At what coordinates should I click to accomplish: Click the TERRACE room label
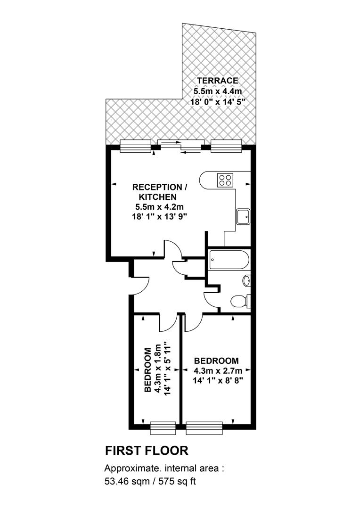218,81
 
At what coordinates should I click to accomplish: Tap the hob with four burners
225,180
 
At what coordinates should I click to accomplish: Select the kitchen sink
243,216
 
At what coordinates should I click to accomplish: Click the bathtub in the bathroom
229,260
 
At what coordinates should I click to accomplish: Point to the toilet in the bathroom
241,301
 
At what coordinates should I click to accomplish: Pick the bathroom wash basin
247,280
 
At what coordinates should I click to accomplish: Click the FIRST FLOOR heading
147,451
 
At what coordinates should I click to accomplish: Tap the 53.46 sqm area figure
127,481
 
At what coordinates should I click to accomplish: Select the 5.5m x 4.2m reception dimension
160,207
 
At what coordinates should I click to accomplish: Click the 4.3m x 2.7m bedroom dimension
218,370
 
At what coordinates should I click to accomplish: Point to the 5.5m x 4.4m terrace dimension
218,91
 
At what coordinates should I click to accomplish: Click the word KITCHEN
158,197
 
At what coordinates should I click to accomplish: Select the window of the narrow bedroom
163,428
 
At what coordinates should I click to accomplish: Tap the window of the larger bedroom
204,428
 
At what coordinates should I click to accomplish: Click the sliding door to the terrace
180,146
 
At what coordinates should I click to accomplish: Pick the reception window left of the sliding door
135,146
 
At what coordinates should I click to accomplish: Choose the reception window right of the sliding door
227,146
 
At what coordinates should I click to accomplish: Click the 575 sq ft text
177,481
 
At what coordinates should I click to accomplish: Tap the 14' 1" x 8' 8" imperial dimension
218,380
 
